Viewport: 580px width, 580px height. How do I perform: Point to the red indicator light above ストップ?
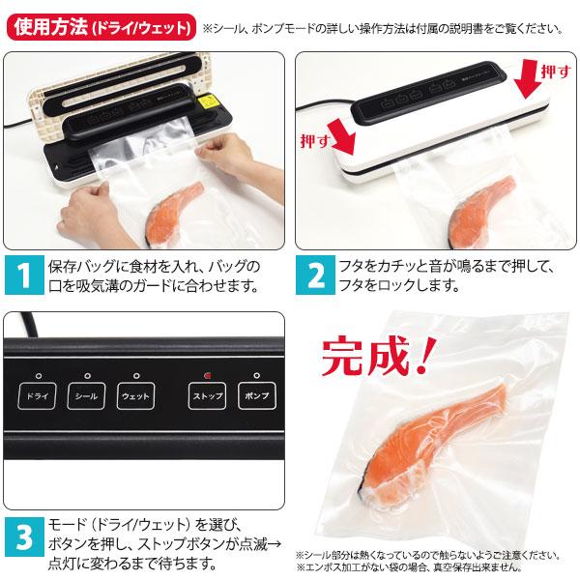pyautogui.click(x=207, y=374)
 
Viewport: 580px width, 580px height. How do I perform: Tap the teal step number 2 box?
pyautogui.click(x=315, y=276)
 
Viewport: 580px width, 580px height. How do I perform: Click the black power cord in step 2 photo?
pyautogui.click(x=319, y=102)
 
